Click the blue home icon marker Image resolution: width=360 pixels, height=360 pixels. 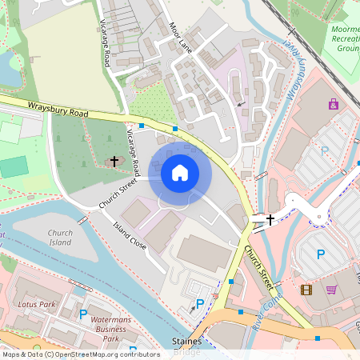pyautogui.click(x=180, y=173)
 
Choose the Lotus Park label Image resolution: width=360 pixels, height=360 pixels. pyautogui.click(x=36, y=305)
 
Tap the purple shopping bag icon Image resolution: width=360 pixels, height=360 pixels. pyautogui.click(x=333, y=104)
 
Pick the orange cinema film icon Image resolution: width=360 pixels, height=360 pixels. pyautogui.click(x=306, y=290)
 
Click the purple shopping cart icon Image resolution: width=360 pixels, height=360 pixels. pyautogui.click(x=331, y=290)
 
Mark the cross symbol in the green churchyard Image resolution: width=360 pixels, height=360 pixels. pyautogui.click(x=114, y=161)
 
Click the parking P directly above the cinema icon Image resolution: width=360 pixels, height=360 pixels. pyautogui.click(x=321, y=254)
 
